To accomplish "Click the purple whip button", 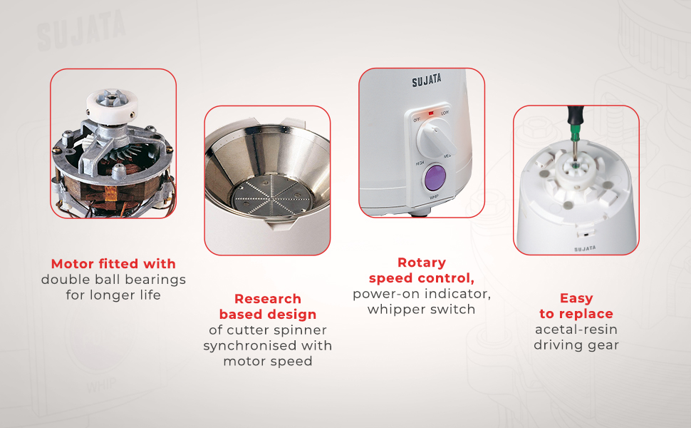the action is pyautogui.click(x=435, y=178).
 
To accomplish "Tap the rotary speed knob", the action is pyautogui.click(x=437, y=139).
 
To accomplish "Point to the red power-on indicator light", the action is pyautogui.click(x=431, y=113).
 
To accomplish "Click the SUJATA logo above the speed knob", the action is pyautogui.click(x=426, y=81).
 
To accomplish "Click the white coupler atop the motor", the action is pyautogui.click(x=112, y=103).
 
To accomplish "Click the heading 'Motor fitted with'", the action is pyautogui.click(x=113, y=264).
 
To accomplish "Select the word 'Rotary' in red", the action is pyautogui.click(x=421, y=263).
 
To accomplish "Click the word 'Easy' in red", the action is pyautogui.click(x=576, y=299).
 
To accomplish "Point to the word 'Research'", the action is pyautogui.click(x=268, y=299).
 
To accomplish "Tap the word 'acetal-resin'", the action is pyautogui.click(x=576, y=330).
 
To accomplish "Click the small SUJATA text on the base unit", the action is pyautogui.click(x=585, y=249).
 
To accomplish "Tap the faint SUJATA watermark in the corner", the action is pyautogui.click(x=81, y=30).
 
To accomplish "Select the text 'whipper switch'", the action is pyautogui.click(x=421, y=310).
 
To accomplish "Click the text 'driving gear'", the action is pyautogui.click(x=576, y=345).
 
